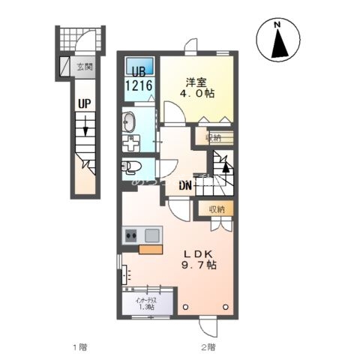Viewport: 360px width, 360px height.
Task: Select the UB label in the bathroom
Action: point(139,73)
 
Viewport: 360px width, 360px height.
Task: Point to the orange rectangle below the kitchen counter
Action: point(150,250)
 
